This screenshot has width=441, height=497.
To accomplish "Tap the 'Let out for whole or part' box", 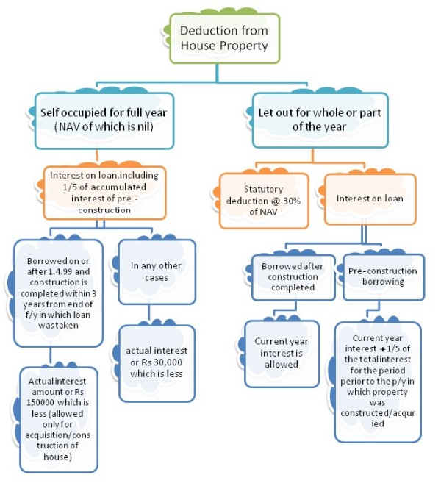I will point(320,119).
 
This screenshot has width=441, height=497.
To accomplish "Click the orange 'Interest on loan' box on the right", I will point(368,199).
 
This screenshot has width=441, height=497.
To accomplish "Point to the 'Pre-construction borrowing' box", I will point(382,276).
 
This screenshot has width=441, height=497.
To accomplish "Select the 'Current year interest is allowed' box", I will point(281,353).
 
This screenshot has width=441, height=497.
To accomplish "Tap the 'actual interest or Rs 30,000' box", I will point(157,362).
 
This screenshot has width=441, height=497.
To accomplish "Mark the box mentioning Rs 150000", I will point(60,418).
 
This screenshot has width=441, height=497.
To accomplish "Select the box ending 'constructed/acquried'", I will point(378,381).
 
